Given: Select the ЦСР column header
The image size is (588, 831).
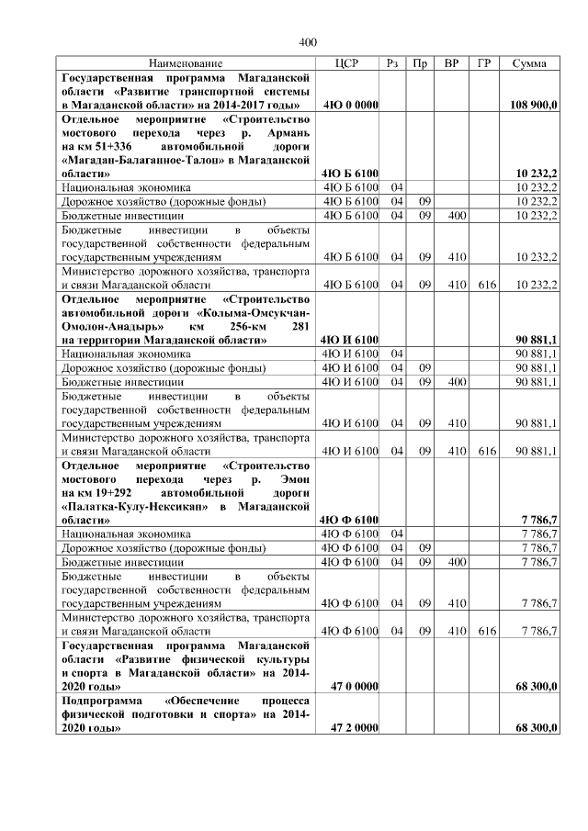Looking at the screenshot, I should coord(347,63).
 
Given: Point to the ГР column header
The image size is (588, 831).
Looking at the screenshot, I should coord(484,63).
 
